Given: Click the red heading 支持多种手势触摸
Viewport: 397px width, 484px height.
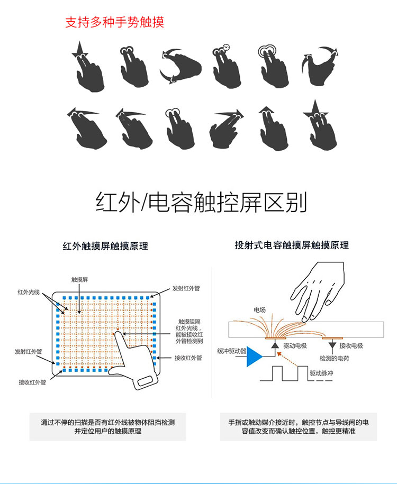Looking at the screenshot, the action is coord(114,22).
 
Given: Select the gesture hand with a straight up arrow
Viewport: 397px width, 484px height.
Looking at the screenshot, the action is coord(273,128).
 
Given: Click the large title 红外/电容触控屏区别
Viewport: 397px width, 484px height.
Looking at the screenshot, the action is coord(201,202).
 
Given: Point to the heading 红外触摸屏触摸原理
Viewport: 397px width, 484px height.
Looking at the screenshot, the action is coord(105,246).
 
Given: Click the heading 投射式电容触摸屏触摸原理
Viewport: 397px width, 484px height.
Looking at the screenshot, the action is coord(292,245).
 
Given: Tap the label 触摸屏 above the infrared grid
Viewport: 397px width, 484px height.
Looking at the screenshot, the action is coord(79,280).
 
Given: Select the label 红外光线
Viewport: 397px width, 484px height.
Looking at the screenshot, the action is coord(29,292).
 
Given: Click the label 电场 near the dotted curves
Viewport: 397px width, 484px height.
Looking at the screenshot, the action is coord(259,309).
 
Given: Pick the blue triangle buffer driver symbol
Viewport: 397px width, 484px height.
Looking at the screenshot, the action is coord(254,357).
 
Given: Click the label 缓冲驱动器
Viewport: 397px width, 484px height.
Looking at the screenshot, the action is coord(231,351).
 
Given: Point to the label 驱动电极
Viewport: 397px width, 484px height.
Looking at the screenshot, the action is coord(295,346).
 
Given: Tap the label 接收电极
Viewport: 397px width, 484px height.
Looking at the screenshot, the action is coord(351,346).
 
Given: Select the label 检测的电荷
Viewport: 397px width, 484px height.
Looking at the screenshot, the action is coord(335,358).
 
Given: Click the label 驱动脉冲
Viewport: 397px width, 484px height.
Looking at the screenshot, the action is coord(322,373).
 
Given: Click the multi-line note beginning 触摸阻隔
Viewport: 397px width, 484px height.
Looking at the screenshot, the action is coord(189,331).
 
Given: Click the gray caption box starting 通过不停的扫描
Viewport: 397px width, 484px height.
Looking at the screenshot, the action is coord(108,426).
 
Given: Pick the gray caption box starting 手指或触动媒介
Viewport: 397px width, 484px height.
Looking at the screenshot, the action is coord(299,426).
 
